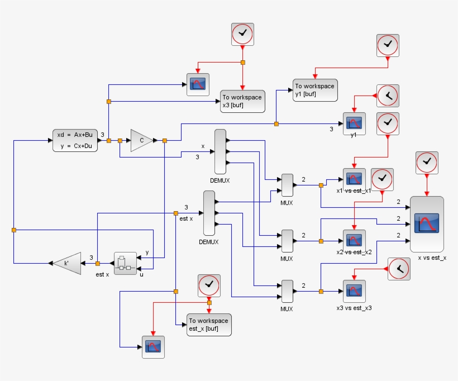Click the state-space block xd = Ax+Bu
[75, 140]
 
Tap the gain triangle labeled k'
[68, 263]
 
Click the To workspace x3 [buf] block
[242, 101]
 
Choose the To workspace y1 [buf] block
[315, 90]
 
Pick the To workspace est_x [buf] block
[208, 325]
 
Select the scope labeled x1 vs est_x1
[354, 179]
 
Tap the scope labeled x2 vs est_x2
[354, 240]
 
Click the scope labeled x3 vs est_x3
[354, 290]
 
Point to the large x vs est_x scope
[427, 223]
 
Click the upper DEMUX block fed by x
[220, 151]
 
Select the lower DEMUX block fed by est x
[209, 213]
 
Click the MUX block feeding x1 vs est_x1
[287, 185]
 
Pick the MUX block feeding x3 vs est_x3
[287, 291]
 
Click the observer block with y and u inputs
[125, 263]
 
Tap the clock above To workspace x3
[242, 34]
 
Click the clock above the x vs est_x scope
[427, 162]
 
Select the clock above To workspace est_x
[209, 285]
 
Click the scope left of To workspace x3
[198, 84]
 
